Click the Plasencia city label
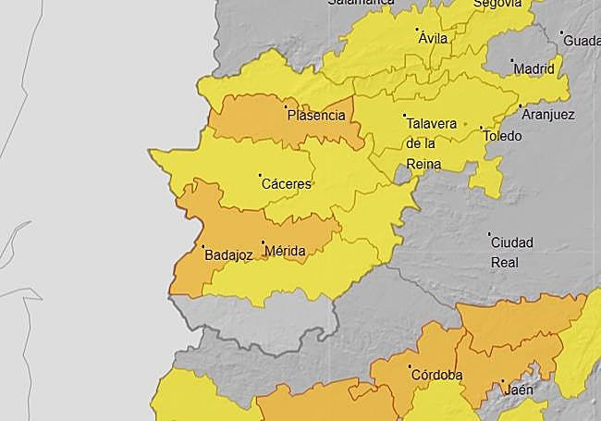[316, 116]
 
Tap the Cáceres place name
[287, 184]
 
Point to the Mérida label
[285, 251]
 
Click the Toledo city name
[503, 136]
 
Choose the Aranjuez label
[547, 115]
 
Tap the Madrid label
[534, 68]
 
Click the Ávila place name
[432, 39]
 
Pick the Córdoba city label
[435, 376]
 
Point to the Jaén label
[519, 390]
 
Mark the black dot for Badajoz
[203, 246]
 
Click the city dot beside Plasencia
[285, 106]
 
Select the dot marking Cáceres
[260, 175]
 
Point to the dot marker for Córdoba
[410, 366]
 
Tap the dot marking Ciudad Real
[489, 233]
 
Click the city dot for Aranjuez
[520, 105]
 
